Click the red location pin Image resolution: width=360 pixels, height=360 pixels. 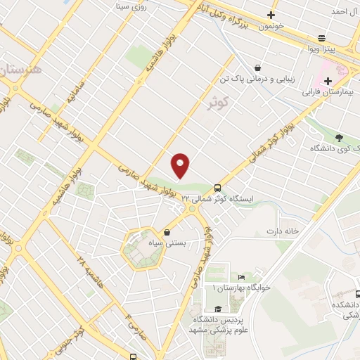(x=181, y=165)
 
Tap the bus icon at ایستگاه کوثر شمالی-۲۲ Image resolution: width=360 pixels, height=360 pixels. (x=217, y=188)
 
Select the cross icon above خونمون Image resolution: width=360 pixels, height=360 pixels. (x=271, y=15)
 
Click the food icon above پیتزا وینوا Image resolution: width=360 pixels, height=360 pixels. (x=322, y=38)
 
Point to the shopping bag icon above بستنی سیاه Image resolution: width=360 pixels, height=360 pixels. (x=167, y=231)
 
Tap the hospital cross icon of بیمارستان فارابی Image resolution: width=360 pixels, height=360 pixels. (x=328, y=82)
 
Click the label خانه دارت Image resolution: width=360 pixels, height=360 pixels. (x=283, y=231)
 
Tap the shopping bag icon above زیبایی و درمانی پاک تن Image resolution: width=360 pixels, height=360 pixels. (x=258, y=68)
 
